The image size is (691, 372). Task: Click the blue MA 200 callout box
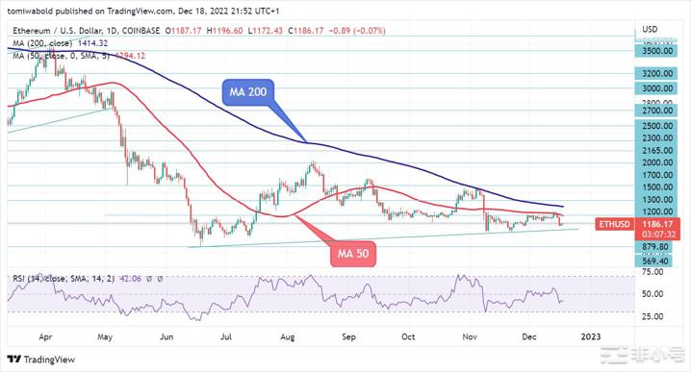pos(249,92)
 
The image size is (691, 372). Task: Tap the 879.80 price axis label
pos(658,246)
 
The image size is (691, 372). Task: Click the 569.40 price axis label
pos(658,260)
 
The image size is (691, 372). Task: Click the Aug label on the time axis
pos(287,337)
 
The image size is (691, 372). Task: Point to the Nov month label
pos(469,337)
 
